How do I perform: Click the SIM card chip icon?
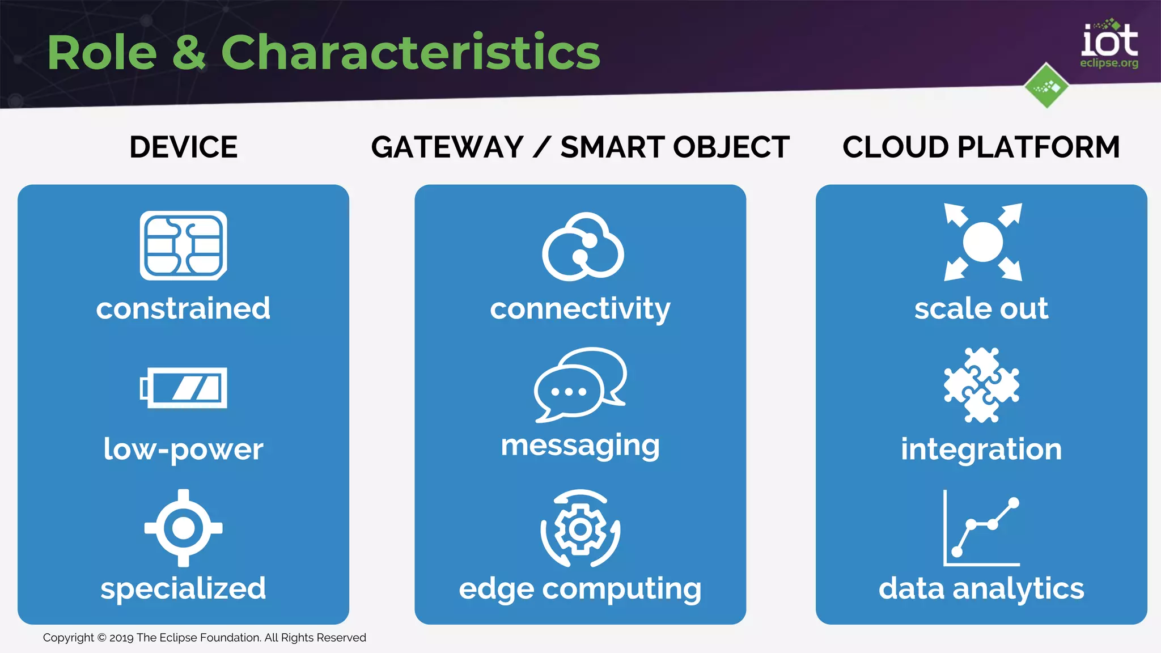pos(183,245)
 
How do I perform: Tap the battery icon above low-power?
pos(183,388)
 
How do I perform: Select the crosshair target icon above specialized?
pos(183,528)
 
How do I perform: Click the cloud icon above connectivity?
pos(583,247)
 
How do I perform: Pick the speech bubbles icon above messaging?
pos(580,385)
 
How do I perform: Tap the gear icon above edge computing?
pos(580,529)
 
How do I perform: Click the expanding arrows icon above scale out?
pos(982,242)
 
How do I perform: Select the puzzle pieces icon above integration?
pos(981,385)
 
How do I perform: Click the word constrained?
pos(183,308)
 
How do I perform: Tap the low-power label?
pos(183,449)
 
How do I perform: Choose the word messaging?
pos(580,445)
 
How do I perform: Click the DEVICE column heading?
pos(183,147)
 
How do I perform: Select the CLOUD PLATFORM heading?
pos(981,147)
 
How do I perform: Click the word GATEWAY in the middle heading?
pos(447,147)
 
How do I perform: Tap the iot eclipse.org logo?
pos(1109,45)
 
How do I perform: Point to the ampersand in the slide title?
pos(189,52)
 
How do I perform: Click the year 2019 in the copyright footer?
pos(121,638)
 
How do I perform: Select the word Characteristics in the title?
pos(410,52)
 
